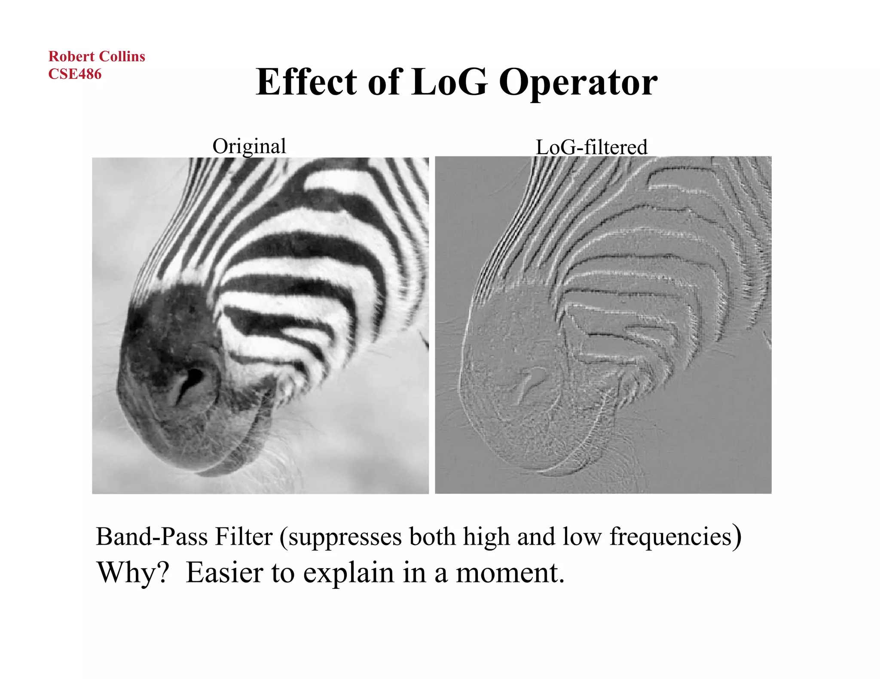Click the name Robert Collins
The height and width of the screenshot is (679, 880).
[x=97, y=57]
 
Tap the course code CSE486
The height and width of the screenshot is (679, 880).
[x=75, y=74]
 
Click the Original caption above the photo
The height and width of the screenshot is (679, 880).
[x=249, y=146]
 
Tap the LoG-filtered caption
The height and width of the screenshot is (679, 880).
[x=591, y=147]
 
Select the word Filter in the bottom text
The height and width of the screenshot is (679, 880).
[x=244, y=537]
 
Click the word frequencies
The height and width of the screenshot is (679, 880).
[x=671, y=537]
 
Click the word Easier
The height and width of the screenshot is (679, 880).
[x=224, y=573]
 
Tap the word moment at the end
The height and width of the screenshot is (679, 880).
[x=510, y=573]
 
